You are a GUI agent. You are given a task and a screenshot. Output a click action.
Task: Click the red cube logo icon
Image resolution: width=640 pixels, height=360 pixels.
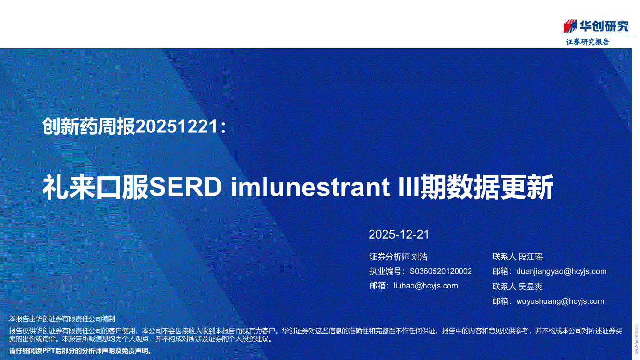coord(570,26)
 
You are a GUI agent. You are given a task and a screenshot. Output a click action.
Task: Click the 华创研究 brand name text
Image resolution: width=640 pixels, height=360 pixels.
coord(604,26)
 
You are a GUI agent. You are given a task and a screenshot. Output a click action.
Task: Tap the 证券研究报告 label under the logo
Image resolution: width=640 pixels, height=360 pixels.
coord(588,42)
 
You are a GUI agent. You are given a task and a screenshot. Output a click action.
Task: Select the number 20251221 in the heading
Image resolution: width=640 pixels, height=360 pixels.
coord(177,127)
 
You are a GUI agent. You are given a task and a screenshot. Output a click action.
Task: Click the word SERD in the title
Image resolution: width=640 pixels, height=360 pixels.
coord(185,187)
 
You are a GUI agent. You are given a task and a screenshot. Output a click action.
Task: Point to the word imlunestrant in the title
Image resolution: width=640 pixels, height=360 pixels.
coord(310,187)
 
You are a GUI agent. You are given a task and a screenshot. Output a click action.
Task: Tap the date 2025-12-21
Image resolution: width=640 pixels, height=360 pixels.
coord(399,235)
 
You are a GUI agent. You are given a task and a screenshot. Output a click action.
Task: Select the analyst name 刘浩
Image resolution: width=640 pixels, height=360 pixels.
coord(420,257)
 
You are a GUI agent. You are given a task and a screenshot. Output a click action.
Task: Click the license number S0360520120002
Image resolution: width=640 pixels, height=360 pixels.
coord(441,271)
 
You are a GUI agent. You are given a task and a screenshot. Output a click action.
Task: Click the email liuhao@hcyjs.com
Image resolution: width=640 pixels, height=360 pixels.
coord(425,286)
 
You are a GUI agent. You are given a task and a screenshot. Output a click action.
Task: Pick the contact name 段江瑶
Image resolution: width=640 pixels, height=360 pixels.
coord(530,257)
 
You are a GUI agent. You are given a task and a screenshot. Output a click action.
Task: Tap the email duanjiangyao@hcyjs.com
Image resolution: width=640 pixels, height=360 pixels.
coord(561,271)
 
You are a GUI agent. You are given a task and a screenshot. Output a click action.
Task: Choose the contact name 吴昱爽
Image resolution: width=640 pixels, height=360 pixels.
coord(530,287)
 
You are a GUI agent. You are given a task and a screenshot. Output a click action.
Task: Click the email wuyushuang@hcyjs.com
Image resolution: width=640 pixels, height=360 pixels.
coord(560,301)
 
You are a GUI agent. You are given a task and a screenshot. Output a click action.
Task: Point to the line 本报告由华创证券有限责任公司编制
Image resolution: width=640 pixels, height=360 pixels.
coord(62,319)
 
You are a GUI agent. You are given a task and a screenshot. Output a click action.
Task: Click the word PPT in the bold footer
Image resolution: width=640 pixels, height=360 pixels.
coord(49,351)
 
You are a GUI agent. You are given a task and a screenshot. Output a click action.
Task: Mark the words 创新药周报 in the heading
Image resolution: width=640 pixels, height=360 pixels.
coord(88,127)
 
